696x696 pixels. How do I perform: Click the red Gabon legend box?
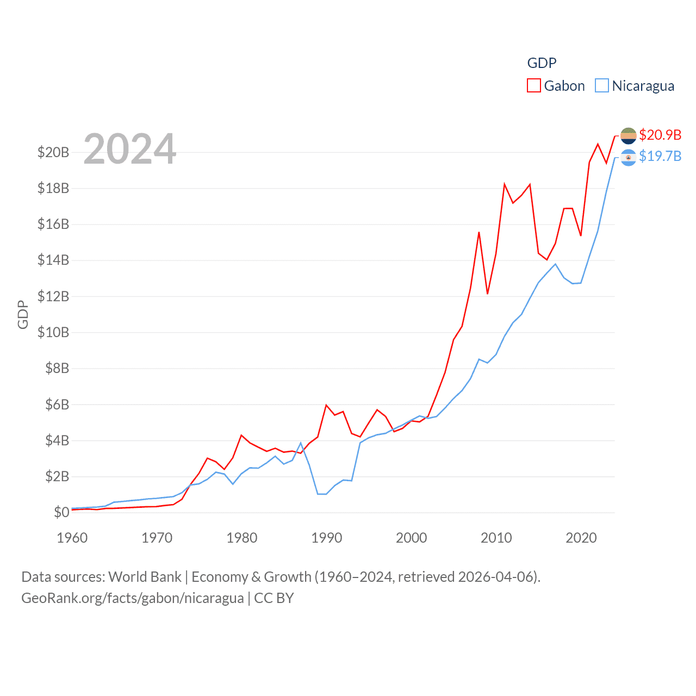click(x=534, y=86)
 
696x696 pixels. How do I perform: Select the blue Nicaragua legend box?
click(x=601, y=86)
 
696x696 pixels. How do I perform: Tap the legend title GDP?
click(x=542, y=63)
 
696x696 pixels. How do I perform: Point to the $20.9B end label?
click(x=660, y=135)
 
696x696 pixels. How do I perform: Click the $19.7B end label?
click(x=660, y=157)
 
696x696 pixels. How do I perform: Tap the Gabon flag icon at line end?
click(x=628, y=135)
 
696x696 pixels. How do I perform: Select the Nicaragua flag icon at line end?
click(x=628, y=157)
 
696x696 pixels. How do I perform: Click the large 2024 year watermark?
click(x=129, y=148)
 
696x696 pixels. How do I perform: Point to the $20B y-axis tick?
click(x=53, y=152)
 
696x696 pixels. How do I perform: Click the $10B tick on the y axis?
click(x=53, y=332)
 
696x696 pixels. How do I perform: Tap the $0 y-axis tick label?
click(x=61, y=512)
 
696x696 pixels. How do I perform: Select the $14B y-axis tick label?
click(x=53, y=260)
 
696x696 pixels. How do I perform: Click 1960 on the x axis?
click(x=72, y=538)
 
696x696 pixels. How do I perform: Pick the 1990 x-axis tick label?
click(x=327, y=538)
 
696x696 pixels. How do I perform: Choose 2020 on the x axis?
click(x=581, y=538)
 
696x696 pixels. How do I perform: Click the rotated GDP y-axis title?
click(x=23, y=314)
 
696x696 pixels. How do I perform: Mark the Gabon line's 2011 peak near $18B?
click(x=505, y=184)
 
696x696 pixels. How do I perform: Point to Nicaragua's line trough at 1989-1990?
click(x=322, y=494)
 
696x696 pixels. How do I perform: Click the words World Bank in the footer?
click(x=145, y=576)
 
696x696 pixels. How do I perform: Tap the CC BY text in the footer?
click(x=274, y=598)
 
